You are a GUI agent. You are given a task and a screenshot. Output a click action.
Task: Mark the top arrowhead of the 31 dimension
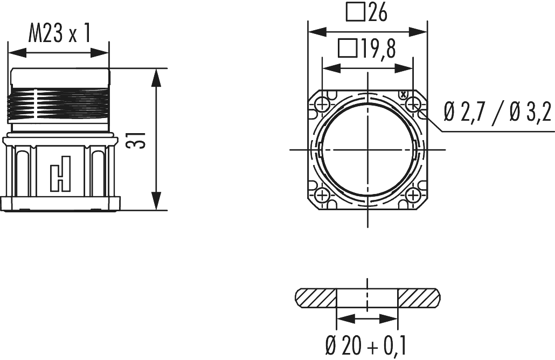[156, 75]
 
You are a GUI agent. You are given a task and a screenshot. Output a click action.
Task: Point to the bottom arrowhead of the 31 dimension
[156, 203]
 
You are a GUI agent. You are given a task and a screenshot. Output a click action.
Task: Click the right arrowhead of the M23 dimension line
[102, 53]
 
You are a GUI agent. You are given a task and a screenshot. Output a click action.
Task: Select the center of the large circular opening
[367, 149]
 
